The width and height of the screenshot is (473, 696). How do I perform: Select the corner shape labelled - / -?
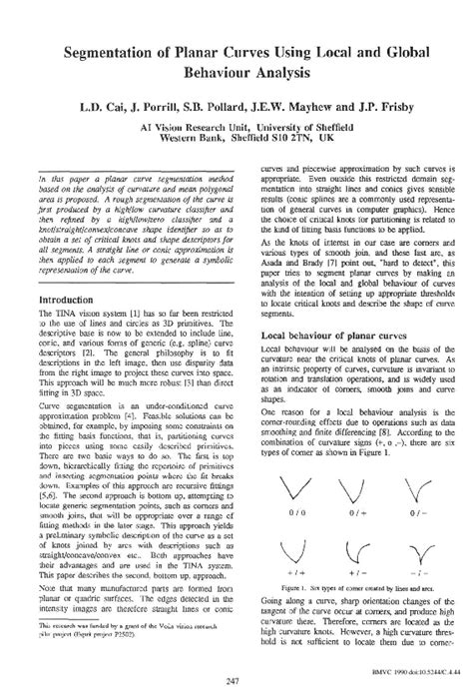(x=410, y=550)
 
